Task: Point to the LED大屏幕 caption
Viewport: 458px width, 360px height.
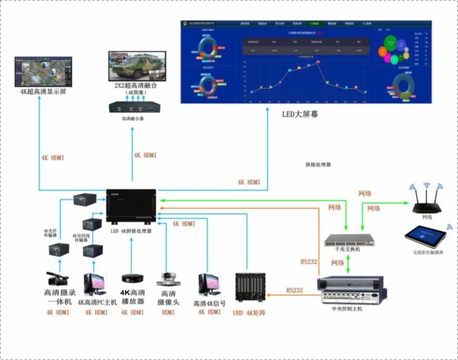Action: coord(298,115)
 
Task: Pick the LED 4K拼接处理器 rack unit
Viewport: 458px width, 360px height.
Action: coord(131,208)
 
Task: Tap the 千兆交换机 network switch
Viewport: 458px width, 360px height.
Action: coord(348,240)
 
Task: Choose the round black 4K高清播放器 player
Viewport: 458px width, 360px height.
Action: coord(130,279)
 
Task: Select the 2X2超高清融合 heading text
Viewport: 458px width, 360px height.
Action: coord(138,86)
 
